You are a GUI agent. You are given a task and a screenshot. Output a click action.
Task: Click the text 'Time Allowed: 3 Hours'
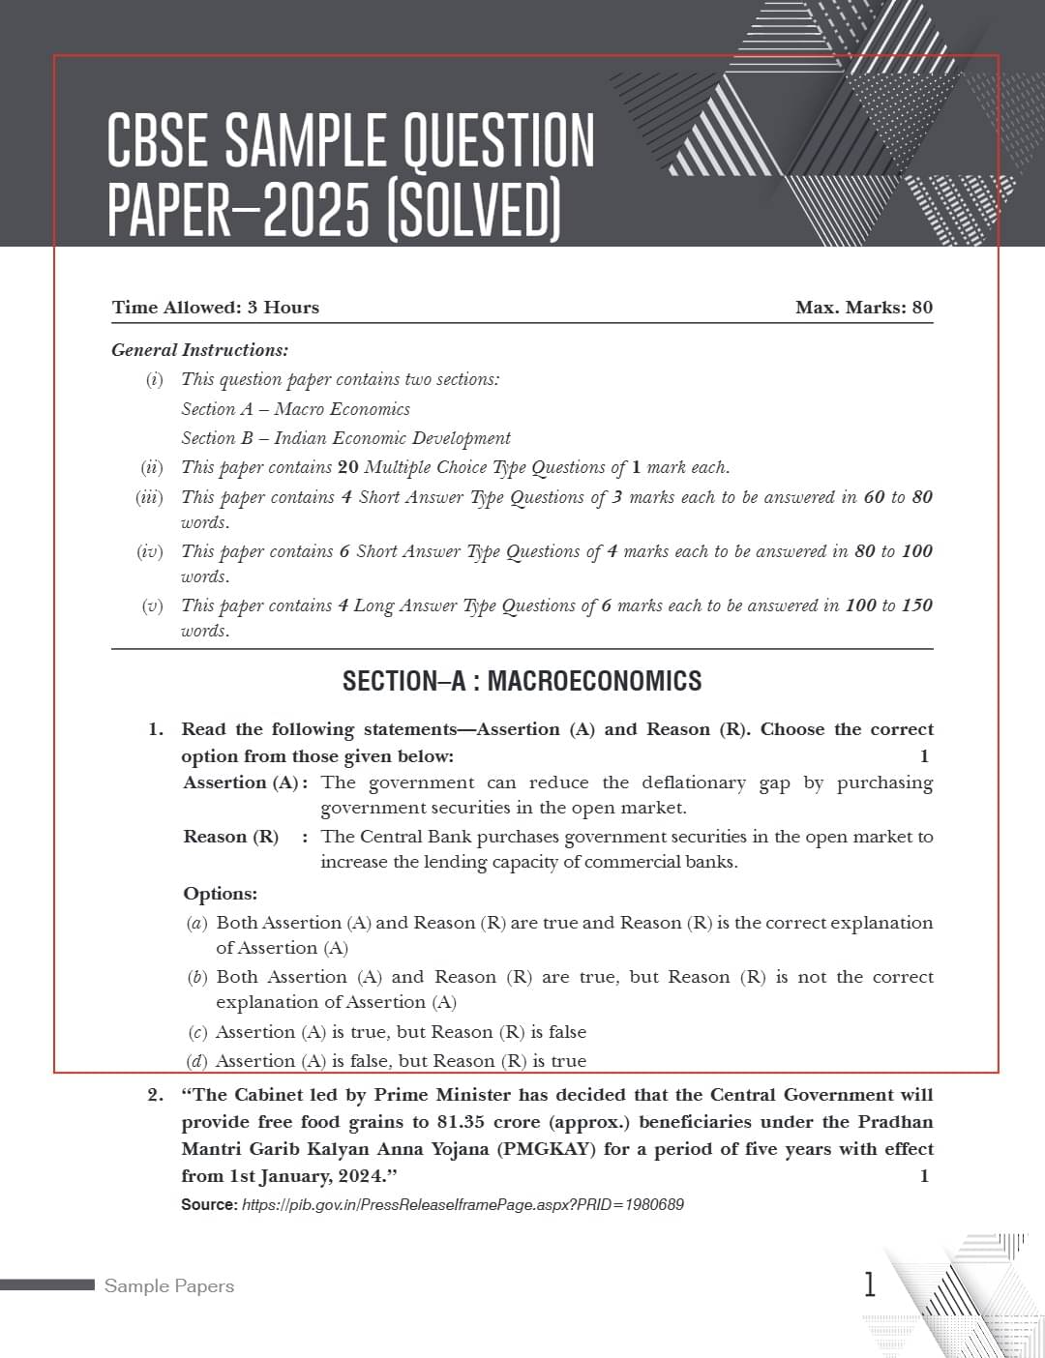coord(215,308)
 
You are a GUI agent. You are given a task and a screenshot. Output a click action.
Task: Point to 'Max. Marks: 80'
coord(863,308)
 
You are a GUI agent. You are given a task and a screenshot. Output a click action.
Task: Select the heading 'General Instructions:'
coord(199,350)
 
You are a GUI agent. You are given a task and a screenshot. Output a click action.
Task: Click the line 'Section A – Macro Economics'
coord(295,409)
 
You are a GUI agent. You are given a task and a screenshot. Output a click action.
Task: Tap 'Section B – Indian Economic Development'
coord(345,438)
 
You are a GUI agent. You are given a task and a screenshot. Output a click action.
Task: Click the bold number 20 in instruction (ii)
coord(348,467)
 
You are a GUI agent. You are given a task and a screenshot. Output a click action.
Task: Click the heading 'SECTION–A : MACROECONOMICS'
coord(522,681)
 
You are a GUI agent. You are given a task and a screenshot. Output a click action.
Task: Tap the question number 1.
coord(156,729)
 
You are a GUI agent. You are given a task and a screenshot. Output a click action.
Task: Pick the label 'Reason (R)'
coord(230,837)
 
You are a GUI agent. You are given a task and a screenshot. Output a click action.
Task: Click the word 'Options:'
coord(220,894)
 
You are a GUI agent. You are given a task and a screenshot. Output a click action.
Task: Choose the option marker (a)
coord(196,923)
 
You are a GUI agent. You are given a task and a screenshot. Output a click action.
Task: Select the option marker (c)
coord(196,1032)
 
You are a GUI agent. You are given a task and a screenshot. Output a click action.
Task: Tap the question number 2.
coord(156,1095)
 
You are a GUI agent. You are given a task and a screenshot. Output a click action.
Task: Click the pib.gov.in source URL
coord(463,1205)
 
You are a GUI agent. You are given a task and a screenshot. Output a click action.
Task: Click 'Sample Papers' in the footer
coord(169,1286)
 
